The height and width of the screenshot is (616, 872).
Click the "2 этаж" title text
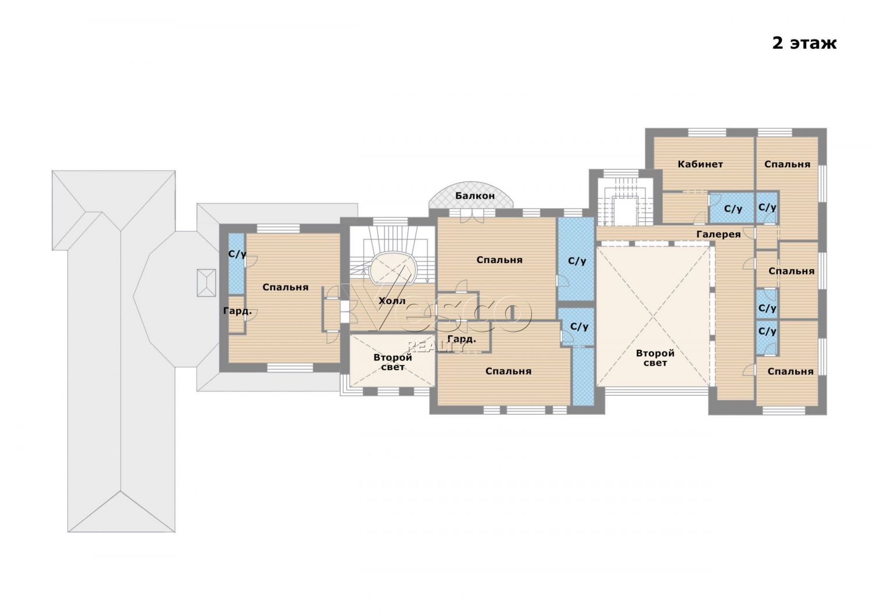(804, 44)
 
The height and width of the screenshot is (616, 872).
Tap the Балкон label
(475, 196)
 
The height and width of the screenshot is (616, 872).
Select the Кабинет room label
(700, 164)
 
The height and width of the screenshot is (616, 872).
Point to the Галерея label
(718, 234)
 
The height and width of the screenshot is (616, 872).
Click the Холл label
(392, 301)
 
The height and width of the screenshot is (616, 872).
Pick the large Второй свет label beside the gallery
(655, 358)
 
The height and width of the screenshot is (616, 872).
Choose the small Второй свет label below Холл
(393, 362)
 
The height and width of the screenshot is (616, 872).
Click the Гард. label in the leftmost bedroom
(237, 311)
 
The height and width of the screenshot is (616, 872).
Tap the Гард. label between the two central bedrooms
(462, 339)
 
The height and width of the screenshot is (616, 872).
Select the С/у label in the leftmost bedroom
(237, 255)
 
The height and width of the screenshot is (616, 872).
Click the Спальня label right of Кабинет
(787, 164)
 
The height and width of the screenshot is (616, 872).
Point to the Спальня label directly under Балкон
(499, 260)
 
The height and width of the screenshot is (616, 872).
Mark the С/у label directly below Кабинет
(733, 209)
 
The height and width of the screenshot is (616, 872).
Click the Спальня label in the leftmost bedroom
(285, 287)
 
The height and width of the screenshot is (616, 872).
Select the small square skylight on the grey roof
(206, 283)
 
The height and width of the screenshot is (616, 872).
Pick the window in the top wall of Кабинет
(707, 132)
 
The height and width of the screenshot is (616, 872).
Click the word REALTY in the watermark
(435, 346)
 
